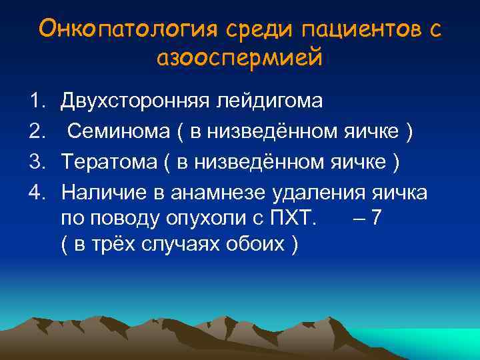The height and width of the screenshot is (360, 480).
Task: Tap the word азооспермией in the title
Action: point(240,58)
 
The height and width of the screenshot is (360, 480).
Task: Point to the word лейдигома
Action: point(268,101)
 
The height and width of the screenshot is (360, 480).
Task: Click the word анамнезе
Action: point(221,192)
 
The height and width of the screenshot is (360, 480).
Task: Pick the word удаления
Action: point(319,192)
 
